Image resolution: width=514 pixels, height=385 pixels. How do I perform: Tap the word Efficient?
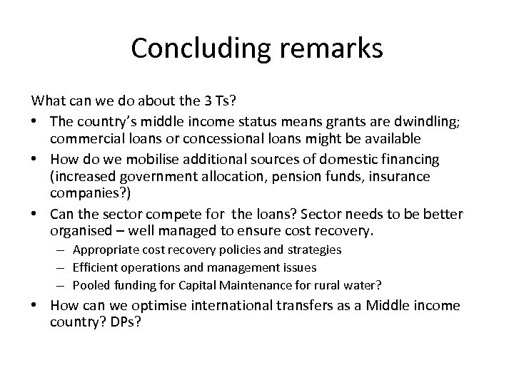coord(95,267)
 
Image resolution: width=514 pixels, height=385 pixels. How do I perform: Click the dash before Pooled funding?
coord(64,284)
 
